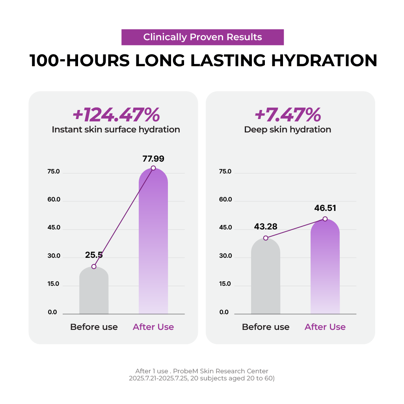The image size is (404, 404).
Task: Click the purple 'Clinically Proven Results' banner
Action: tap(202, 37)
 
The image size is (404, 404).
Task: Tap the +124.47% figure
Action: tap(116, 115)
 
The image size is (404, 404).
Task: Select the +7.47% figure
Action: tap(288, 115)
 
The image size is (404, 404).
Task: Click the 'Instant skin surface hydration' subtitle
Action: tap(116, 129)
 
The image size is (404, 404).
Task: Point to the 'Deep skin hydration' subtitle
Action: tap(288, 129)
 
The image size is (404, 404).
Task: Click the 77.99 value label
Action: tap(153, 159)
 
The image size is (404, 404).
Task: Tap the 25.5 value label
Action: tap(94, 255)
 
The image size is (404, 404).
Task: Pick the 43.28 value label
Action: tap(266, 227)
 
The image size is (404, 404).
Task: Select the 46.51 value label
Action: tap(325, 208)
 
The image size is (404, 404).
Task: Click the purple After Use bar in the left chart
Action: tap(153, 244)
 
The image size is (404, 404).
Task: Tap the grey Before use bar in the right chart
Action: tap(266, 280)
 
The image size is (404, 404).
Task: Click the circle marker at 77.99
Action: tap(153, 168)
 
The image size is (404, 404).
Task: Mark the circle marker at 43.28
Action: tap(266, 238)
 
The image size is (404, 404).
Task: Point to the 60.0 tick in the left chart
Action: tap(54, 199)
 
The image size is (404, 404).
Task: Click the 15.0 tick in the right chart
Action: tap(225, 284)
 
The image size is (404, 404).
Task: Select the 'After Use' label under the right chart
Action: tap(325, 327)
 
